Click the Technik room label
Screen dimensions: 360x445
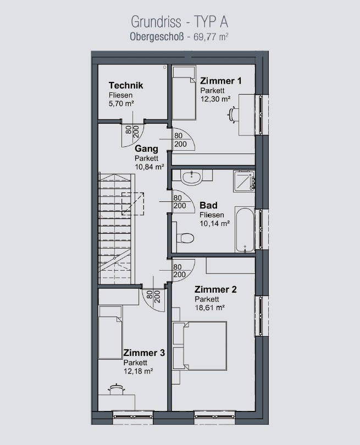(x=126, y=85)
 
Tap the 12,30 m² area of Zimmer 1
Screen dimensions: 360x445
(x=215, y=99)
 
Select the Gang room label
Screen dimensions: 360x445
(x=146, y=149)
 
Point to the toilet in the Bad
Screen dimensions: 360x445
(x=184, y=238)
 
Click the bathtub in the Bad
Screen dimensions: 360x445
(x=245, y=230)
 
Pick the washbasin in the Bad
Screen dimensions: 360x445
(x=192, y=177)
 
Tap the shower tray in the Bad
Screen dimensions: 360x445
(x=244, y=180)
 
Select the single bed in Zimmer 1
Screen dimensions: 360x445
(x=184, y=93)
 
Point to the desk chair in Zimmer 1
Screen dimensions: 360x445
(x=231, y=114)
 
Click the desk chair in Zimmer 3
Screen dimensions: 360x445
(x=116, y=389)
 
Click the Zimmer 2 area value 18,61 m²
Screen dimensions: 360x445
(x=209, y=307)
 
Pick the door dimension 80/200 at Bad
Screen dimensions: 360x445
(x=180, y=202)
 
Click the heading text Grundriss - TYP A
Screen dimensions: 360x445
(x=180, y=22)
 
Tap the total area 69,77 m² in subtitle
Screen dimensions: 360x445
(x=211, y=37)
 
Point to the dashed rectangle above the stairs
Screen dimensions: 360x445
(x=133, y=204)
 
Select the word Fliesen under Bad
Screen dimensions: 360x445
(x=212, y=215)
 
